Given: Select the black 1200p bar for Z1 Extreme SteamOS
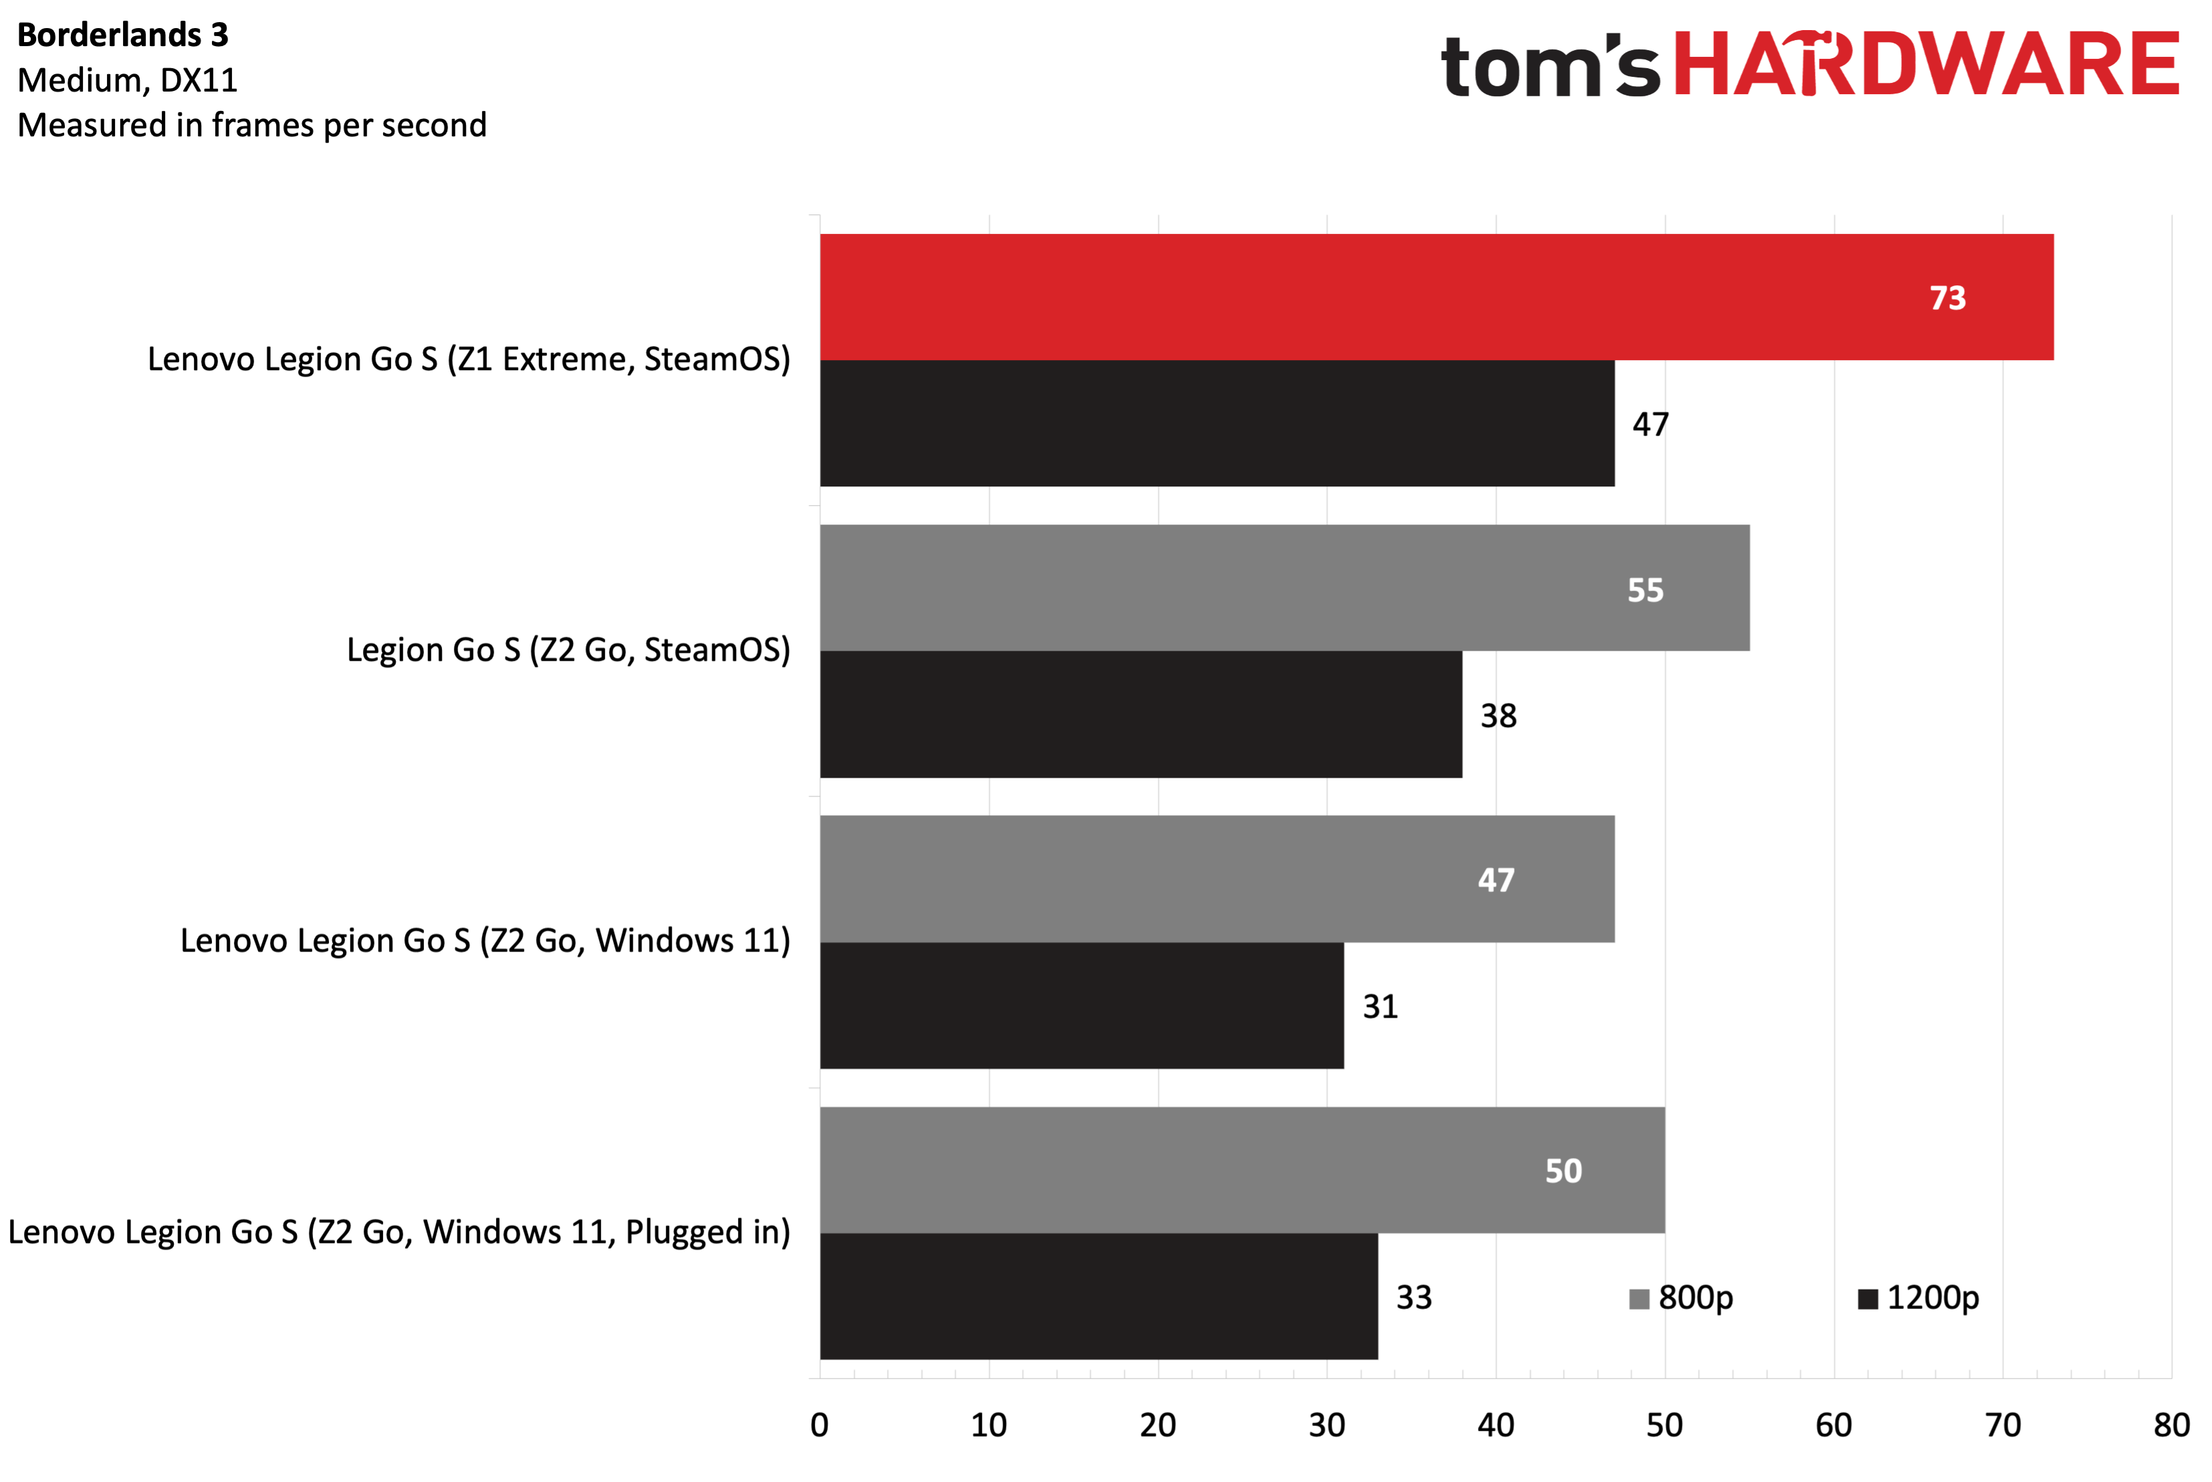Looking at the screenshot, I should click(1217, 424).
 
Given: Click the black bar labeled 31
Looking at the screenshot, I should click(1082, 1006).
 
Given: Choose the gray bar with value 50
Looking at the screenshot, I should click(1242, 1170).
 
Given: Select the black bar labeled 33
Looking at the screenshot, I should click(1098, 1297).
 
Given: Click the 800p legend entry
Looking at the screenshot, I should click(1682, 1298).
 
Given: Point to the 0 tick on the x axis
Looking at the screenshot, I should click(820, 1425).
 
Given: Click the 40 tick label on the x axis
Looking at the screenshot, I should click(1495, 1425).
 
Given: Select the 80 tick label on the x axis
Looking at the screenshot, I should click(2171, 1425).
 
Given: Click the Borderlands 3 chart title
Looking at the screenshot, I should click(123, 35).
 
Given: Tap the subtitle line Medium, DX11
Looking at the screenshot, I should click(128, 80).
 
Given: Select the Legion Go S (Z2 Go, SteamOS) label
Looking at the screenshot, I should click(568, 650).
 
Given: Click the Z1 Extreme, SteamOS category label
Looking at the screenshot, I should click(469, 359).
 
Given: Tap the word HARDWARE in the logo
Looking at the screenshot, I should click(1927, 64).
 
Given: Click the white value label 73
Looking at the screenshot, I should click(1947, 298).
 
